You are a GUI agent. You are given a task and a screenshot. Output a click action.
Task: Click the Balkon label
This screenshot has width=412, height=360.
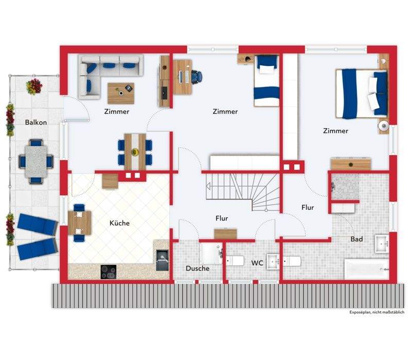click(x=36, y=122)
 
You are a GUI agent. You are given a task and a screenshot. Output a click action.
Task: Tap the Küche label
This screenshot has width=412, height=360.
click(x=119, y=223)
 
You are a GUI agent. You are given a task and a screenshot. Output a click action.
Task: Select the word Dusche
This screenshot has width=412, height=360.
click(x=198, y=268)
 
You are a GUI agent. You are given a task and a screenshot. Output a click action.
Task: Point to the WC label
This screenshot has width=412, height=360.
click(x=257, y=263)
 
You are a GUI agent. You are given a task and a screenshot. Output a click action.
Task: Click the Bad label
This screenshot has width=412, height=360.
click(x=356, y=239)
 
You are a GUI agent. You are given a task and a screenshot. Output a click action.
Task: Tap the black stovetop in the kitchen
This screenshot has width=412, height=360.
click(x=109, y=272)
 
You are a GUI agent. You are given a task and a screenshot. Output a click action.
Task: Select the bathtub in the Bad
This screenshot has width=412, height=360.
click(x=367, y=269)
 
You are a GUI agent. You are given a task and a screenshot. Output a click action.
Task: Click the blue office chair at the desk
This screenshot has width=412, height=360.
click(x=197, y=77)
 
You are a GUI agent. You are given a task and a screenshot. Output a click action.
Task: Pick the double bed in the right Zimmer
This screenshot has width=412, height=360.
click(x=362, y=94)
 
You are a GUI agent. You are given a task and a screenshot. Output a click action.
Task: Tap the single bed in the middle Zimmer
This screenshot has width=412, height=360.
click(x=266, y=81)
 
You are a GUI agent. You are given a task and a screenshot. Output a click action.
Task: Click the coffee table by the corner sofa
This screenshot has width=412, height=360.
click(x=121, y=93)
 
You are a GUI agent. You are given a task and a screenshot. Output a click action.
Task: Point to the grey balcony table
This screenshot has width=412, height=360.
click(x=36, y=161)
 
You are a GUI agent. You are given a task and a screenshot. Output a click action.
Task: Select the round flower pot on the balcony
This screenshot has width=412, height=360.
click(x=34, y=87)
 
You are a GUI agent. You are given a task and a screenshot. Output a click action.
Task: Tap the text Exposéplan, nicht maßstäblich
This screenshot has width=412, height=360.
click(x=377, y=312)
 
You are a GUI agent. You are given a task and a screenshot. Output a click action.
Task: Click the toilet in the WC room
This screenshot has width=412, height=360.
click(x=235, y=261)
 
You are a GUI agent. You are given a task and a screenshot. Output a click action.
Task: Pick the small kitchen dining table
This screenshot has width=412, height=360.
click(x=79, y=223)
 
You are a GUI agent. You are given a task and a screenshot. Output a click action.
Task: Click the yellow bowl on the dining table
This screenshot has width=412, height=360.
click(x=135, y=151)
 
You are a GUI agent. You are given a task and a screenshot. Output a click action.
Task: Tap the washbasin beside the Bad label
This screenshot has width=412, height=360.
click(x=382, y=244)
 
